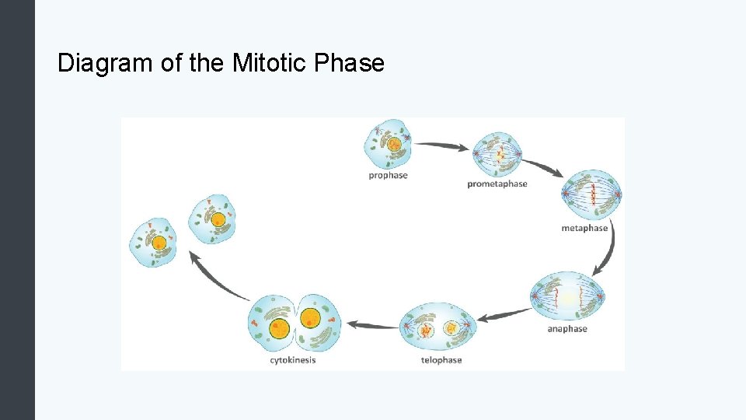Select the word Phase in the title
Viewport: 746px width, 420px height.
tap(350, 63)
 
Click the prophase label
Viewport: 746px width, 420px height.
tap(388, 176)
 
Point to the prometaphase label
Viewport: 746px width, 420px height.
tap(497, 184)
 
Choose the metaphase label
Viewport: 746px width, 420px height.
tap(584, 229)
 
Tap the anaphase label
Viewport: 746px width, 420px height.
tap(567, 329)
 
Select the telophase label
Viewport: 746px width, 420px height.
tap(441, 360)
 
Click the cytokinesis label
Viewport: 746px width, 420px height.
tap(293, 360)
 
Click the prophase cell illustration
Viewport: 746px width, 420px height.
tap(388, 143)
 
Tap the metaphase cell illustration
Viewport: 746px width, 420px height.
tap(591, 194)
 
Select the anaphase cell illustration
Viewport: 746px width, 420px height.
tap(567, 297)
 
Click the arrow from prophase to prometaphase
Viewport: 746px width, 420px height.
tap(441, 145)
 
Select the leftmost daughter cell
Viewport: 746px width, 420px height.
tap(152, 242)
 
